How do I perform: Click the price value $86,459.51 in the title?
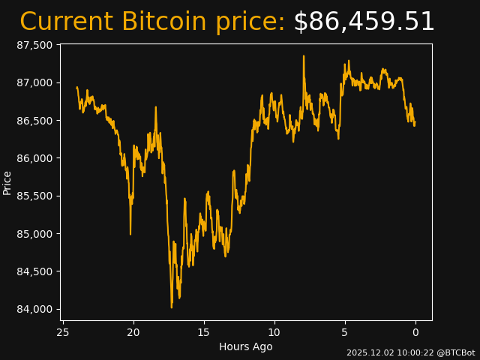[364, 22]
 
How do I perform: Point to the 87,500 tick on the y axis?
[34, 45]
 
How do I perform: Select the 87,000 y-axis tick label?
[34, 82]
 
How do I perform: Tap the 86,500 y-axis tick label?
[34, 121]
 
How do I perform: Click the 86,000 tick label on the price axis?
[34, 158]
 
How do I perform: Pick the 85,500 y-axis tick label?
[34, 196]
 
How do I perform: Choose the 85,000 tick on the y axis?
[34, 234]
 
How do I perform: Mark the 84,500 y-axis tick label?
[34, 271]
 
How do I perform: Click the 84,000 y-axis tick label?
[34, 309]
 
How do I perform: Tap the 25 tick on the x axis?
[63, 332]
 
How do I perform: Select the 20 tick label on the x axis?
[133, 332]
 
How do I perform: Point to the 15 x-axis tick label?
[204, 332]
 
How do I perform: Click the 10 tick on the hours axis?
[274, 332]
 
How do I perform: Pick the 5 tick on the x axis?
[345, 332]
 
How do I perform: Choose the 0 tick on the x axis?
[415, 332]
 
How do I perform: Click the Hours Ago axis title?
[245, 346]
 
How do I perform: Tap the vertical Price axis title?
[7, 182]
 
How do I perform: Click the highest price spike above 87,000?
[304, 56]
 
